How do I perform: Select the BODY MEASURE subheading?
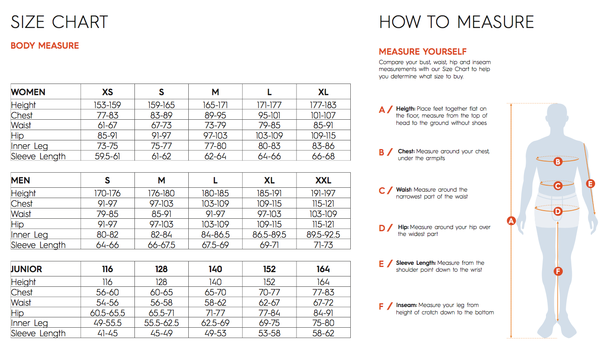pos(45,46)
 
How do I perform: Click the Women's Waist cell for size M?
pos(215,125)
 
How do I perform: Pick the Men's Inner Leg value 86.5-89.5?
pos(269,235)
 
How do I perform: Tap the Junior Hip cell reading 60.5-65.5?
pos(107,313)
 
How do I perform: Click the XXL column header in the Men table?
pos(323,180)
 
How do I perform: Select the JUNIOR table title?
pos(27,269)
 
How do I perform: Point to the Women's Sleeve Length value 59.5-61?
pos(107,156)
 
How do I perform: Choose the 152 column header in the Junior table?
pos(269,269)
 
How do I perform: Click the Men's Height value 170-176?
pos(107,193)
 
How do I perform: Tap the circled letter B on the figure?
pos(558,162)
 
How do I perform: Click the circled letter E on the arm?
pos(591,184)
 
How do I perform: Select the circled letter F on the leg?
pos(558,271)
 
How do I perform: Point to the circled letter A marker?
pos(511,221)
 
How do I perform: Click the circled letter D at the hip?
pos(558,211)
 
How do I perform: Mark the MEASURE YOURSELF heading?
pos(423,52)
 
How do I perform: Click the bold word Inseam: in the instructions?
pos(407,305)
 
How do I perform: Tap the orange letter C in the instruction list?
pos(382,190)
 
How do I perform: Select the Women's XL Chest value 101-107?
pos(323,115)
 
